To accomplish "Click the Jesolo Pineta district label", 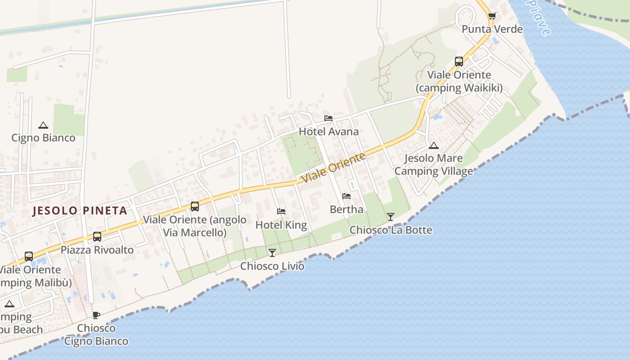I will click(80, 211).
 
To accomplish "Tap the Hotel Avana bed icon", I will click(328, 118).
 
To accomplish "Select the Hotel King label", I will click(281, 225).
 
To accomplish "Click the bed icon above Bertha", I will click(346, 196).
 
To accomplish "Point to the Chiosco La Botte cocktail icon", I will click(391, 217).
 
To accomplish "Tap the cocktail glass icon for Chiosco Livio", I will click(272, 253).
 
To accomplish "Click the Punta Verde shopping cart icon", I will click(492, 16).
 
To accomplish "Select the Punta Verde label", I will click(492, 29).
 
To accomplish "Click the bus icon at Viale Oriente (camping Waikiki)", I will click(459, 62).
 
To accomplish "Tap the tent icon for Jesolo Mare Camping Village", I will click(433, 145).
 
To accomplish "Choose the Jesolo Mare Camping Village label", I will click(434, 165).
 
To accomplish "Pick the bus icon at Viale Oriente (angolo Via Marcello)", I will click(195, 207).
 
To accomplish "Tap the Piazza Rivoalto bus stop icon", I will click(97, 237).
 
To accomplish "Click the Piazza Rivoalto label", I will click(97, 250).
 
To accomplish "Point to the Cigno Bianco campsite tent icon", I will click(43, 125).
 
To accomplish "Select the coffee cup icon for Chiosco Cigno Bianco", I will click(96, 315).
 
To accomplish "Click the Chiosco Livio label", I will click(272, 266).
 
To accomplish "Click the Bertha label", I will click(346, 209).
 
